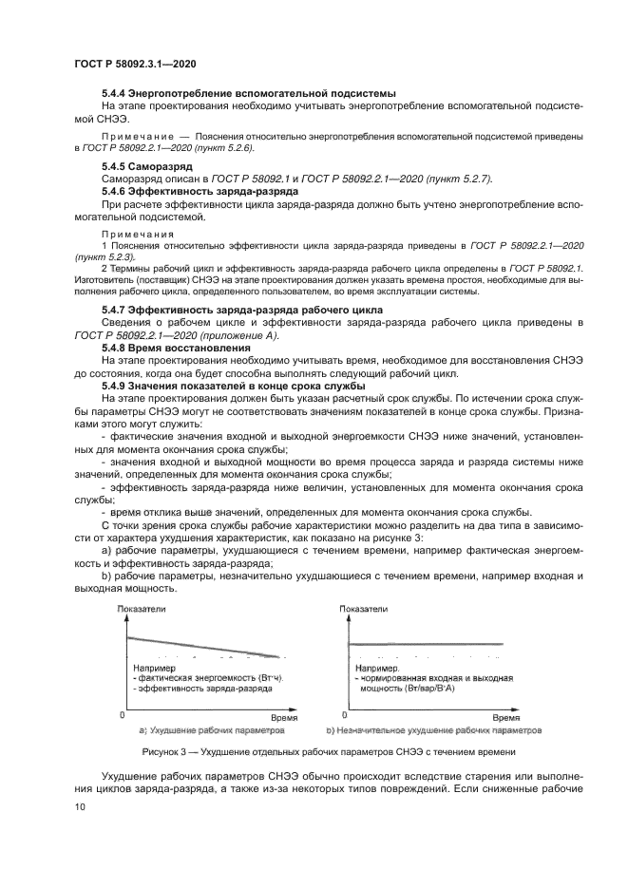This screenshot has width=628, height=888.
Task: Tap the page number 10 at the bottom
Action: click(81, 806)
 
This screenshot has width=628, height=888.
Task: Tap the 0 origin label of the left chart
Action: click(122, 713)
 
